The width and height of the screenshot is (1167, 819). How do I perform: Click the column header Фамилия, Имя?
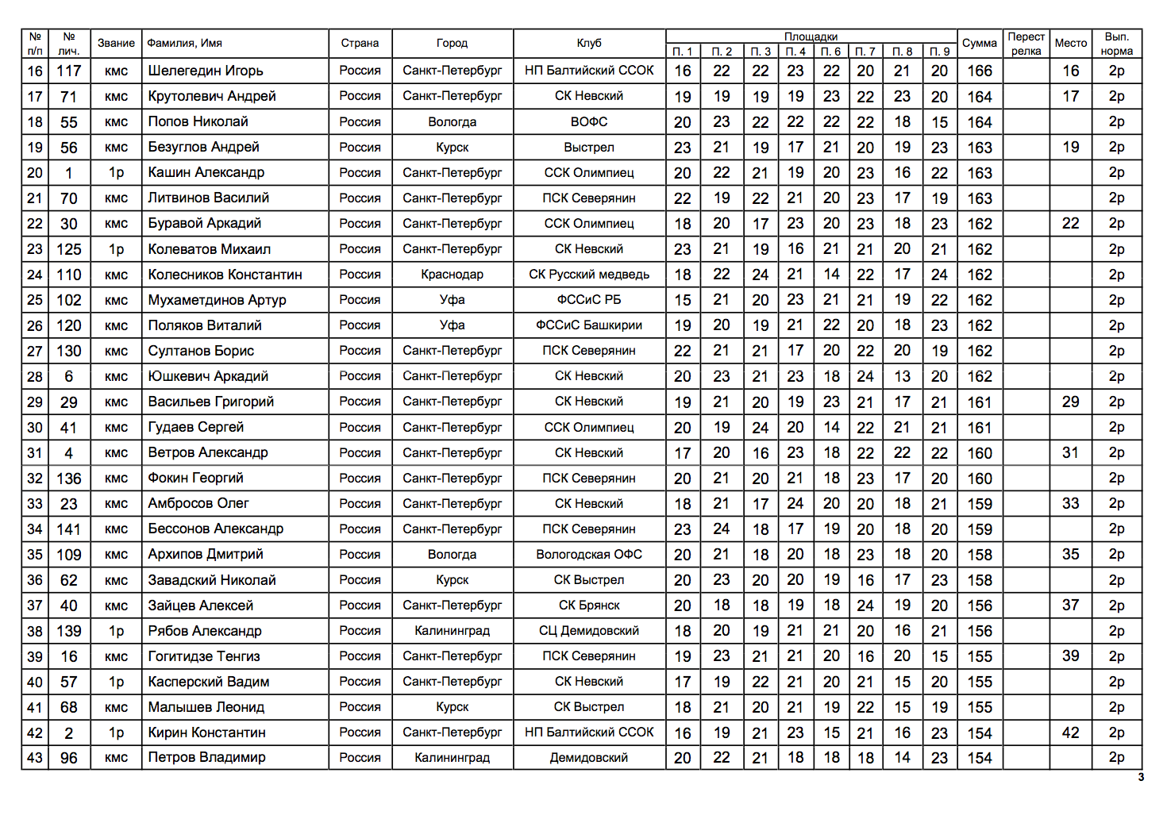pyautogui.click(x=185, y=44)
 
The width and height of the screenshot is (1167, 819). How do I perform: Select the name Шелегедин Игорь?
pyautogui.click(x=206, y=71)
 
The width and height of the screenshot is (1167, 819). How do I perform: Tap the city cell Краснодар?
pyautogui.click(x=452, y=275)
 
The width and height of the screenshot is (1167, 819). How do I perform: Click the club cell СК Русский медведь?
pyautogui.click(x=589, y=275)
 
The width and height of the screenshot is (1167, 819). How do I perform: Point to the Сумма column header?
pyautogui.click(x=979, y=44)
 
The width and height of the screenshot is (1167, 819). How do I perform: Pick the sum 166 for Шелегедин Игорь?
pyautogui.click(x=979, y=71)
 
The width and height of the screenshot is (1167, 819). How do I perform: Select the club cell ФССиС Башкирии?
pyautogui.click(x=589, y=325)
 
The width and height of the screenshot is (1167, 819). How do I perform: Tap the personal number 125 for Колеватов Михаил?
pyautogui.click(x=69, y=249)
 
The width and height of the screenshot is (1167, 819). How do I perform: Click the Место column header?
pyautogui.click(x=1070, y=44)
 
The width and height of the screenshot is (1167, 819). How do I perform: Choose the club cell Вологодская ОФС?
pyautogui.click(x=589, y=555)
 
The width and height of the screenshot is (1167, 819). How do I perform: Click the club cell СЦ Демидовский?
pyautogui.click(x=589, y=631)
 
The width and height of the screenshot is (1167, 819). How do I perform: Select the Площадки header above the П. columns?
pyautogui.click(x=811, y=37)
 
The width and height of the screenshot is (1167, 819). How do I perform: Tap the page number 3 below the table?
pyautogui.click(x=1141, y=778)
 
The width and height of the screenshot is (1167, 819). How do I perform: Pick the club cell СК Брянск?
pyautogui.click(x=589, y=606)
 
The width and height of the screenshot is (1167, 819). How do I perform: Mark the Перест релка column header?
pyautogui.click(x=1026, y=44)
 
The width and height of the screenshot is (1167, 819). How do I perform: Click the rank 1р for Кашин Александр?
pyautogui.click(x=116, y=173)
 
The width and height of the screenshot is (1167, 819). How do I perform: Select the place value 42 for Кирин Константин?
pyautogui.click(x=1070, y=732)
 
